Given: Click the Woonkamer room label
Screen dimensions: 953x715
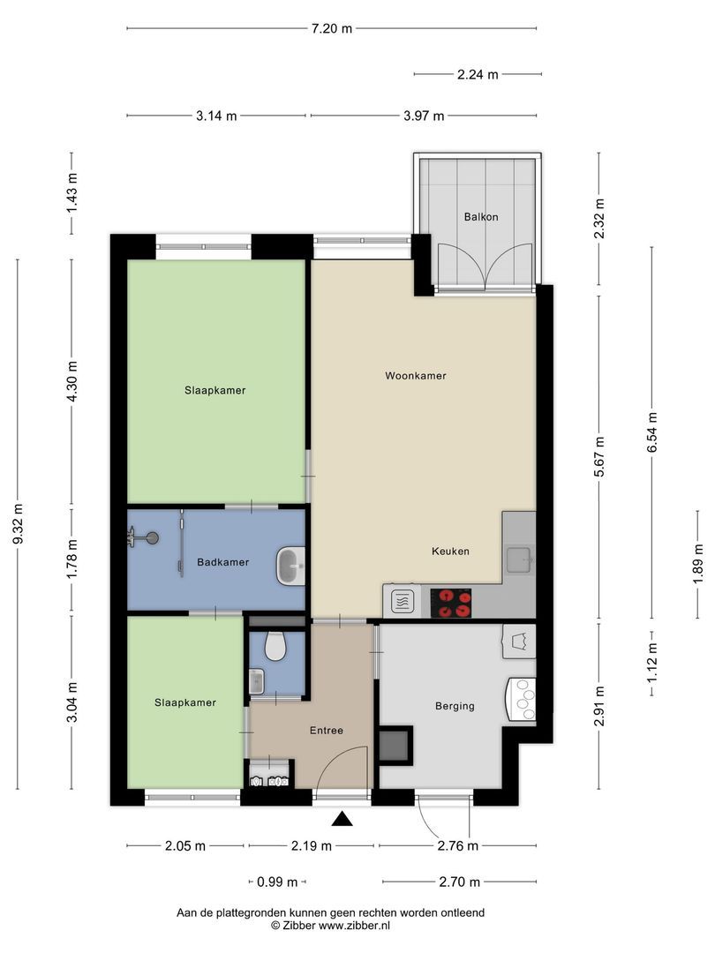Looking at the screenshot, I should pos(415,376).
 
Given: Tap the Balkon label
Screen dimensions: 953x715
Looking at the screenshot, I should pos(478,216).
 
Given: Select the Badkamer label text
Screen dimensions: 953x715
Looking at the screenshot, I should pos(222,562).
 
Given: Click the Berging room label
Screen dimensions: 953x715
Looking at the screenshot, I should pos(455,706).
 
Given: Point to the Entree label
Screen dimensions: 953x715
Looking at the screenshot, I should pos(326,731).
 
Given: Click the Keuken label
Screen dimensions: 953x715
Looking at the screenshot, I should pos(450,552).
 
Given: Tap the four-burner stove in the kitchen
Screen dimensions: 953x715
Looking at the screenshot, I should pos(450,604).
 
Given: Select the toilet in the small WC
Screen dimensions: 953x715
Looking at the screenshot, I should pos(275,647).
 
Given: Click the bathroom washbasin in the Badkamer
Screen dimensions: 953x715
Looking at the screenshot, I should pos(290,566).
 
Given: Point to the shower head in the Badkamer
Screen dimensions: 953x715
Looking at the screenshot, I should pos(153,537).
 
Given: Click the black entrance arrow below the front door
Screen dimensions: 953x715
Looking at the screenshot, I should pos(342,820).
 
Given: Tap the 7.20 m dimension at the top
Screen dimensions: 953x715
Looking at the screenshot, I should pos(331,28).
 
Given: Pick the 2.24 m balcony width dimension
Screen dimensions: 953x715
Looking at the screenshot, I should pos(478,75).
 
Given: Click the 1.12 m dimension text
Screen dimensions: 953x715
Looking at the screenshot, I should pos(652,664).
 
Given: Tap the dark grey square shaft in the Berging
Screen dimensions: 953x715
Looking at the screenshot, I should pos(395,745).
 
